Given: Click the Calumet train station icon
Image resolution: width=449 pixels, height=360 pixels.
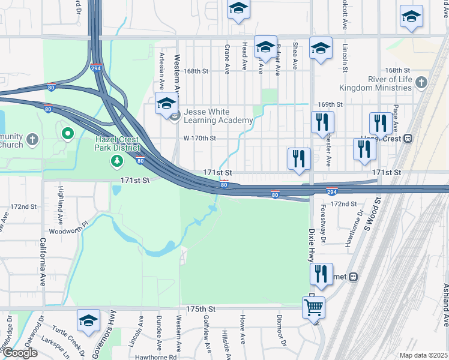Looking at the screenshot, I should click(354, 277).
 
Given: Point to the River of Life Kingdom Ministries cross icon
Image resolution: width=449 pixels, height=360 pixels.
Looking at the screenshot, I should click(421, 83).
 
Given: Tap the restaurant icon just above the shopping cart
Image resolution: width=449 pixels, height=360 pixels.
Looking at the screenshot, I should click(321, 274).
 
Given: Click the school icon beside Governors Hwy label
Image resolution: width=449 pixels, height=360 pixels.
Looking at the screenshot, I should click(88, 321).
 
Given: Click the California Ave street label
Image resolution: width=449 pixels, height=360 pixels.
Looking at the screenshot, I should click(43, 270).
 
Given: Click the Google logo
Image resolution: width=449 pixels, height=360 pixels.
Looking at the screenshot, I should click(20, 353).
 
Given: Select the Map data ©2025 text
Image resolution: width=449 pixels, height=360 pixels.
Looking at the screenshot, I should click(423, 355).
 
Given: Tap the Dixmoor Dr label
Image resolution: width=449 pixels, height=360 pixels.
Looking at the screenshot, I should click(279, 327).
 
